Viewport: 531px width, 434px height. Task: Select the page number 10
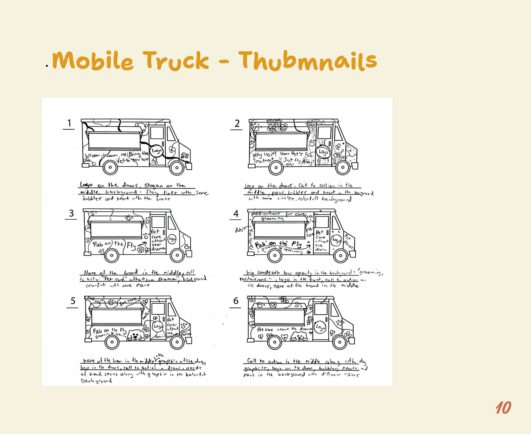(503, 408)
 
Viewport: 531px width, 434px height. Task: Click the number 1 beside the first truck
(69, 123)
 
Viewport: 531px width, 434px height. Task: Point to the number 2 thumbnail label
(237, 123)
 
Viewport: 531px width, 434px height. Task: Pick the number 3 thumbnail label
(71, 213)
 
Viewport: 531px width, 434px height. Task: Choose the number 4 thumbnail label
(236, 214)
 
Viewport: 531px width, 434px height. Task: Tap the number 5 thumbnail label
(73, 301)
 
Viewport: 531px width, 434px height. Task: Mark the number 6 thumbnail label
(236, 301)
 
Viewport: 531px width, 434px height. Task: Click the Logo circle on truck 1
(157, 151)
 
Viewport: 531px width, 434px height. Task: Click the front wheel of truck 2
(343, 167)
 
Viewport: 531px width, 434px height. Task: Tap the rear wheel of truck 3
(112, 255)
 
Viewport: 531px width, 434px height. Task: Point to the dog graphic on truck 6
(299, 336)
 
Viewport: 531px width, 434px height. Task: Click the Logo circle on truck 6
(320, 327)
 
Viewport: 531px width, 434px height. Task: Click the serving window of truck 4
(280, 230)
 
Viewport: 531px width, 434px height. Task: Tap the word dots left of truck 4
(239, 230)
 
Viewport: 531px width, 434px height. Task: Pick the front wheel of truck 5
(177, 342)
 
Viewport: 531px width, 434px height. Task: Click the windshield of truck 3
(172, 223)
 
